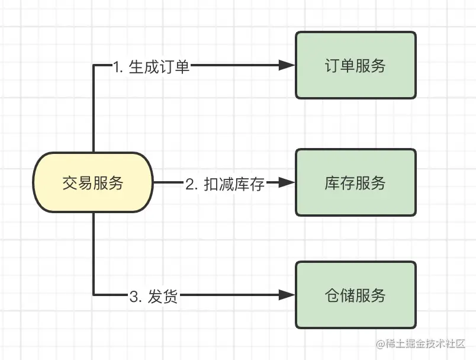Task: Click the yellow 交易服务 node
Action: (93, 183)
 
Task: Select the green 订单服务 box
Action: (355, 65)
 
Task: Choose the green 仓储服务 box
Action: (355, 294)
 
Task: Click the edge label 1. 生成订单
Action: (152, 66)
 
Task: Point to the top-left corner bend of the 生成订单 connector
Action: (94, 65)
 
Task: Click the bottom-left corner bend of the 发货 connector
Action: (94, 294)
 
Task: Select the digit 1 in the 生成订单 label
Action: (116, 66)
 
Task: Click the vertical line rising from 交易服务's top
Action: (94, 112)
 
